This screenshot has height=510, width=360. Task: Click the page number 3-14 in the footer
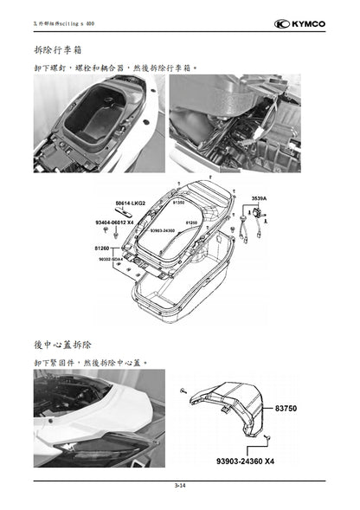click(179, 487)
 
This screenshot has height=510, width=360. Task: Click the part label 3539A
click(259, 198)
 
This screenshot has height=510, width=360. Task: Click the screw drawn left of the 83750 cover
click(183, 392)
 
